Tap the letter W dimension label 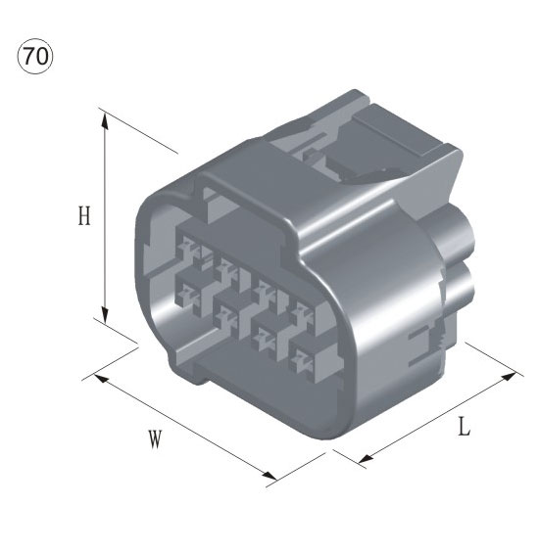tap(154, 439)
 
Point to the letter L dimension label tap(464, 428)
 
